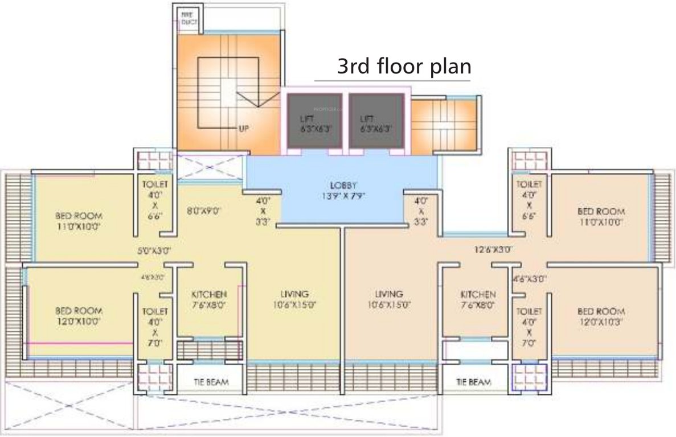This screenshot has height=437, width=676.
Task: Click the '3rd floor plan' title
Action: pyautogui.click(x=404, y=66)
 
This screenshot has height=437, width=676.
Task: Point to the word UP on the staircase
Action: pyautogui.click(x=244, y=128)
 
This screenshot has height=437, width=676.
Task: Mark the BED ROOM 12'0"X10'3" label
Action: pyautogui.click(x=601, y=316)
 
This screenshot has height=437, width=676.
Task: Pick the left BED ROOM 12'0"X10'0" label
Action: pyautogui.click(x=79, y=316)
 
